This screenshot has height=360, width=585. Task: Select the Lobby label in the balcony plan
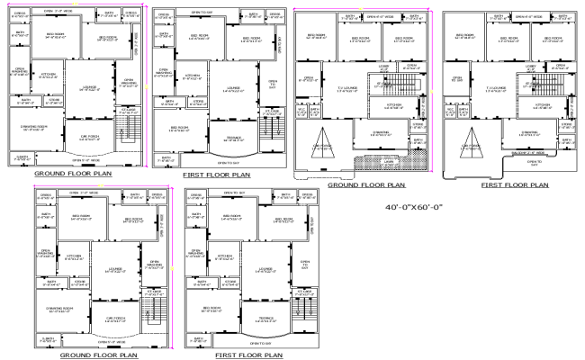click(531, 66)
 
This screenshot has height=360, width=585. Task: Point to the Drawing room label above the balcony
click(529, 133)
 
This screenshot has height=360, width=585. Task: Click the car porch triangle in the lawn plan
click(323, 144)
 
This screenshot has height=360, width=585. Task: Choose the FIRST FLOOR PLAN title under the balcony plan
click(514, 184)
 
